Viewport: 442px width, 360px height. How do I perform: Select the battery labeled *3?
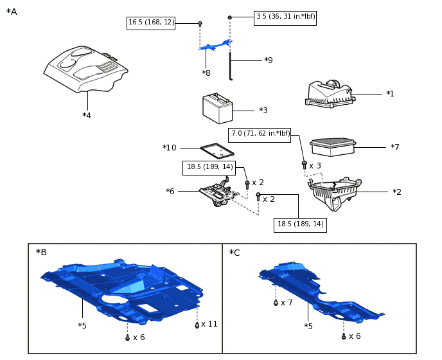217,109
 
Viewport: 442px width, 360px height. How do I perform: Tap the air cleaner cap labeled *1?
330,94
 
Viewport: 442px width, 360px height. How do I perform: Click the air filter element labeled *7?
332,147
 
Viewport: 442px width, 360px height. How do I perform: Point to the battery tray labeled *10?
217,151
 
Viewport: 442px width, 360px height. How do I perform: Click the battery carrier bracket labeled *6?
217,192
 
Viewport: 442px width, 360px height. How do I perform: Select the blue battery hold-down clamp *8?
215,46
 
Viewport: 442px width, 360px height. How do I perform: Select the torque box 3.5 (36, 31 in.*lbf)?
285,17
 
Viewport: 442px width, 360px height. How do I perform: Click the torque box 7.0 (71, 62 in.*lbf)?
260,134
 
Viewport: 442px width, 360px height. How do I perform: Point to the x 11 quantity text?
209,324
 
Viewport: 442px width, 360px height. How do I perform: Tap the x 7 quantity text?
287,302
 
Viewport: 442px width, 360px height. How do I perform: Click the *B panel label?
41,252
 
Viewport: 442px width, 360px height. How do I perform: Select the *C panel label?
234,253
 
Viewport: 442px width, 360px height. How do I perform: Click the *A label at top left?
12,12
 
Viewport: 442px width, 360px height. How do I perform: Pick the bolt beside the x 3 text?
305,165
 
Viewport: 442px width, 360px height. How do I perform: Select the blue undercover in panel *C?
315,289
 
